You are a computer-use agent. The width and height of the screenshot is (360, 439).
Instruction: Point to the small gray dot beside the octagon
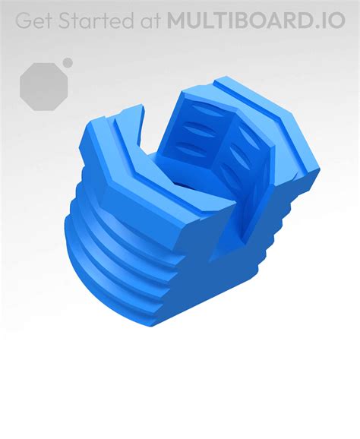click(68, 62)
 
